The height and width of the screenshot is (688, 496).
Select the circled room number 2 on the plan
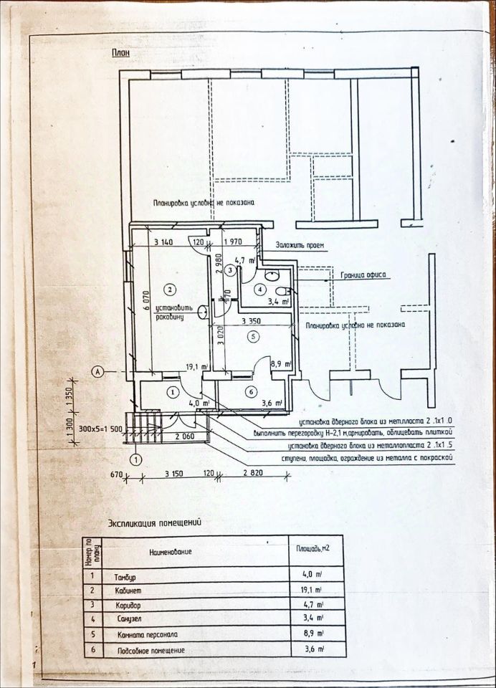point(170,290)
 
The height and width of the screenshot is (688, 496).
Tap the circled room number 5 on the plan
point(252,335)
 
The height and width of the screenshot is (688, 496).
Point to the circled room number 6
point(250,391)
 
